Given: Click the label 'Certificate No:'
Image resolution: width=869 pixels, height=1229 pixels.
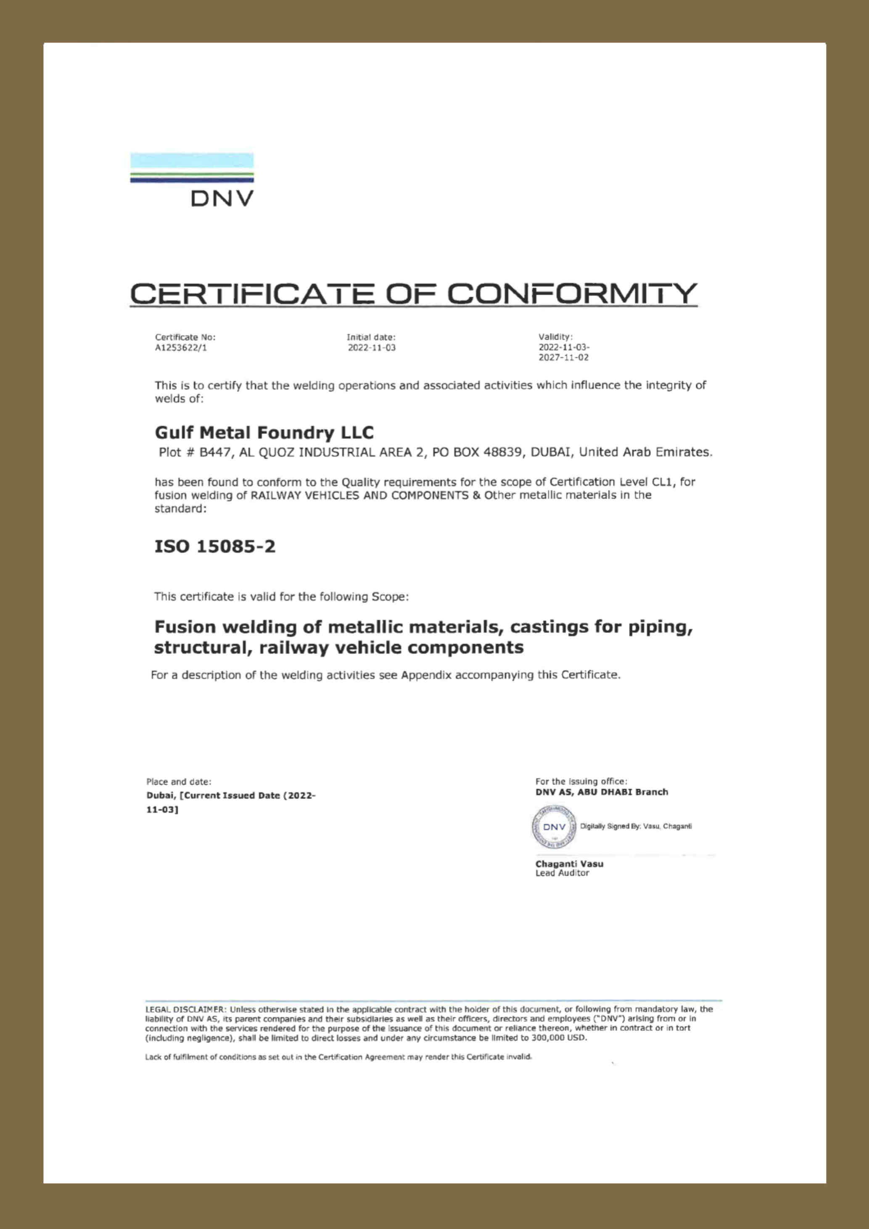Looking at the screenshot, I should click(185, 337).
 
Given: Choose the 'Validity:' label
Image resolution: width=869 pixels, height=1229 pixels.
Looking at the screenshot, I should click(555, 337).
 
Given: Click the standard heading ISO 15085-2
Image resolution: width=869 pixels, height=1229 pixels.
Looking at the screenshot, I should click(215, 547).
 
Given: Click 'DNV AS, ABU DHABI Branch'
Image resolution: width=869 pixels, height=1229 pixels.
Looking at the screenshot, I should click(602, 792).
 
